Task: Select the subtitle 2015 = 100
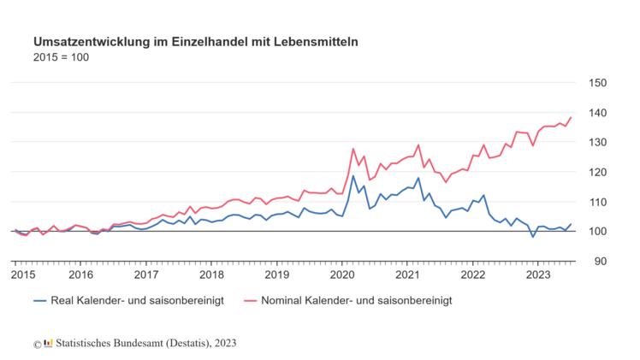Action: point(61,57)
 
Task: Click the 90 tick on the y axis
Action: point(599,262)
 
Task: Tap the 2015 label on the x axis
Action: point(23,274)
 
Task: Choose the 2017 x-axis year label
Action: point(146,274)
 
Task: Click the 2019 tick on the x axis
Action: point(276,274)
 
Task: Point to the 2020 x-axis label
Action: point(342,274)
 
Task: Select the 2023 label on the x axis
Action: point(537,274)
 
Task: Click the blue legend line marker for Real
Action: point(40,301)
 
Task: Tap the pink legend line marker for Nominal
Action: point(251,301)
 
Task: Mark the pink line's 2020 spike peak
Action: point(353,149)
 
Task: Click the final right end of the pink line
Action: point(571,117)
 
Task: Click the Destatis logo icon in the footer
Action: point(48,344)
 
